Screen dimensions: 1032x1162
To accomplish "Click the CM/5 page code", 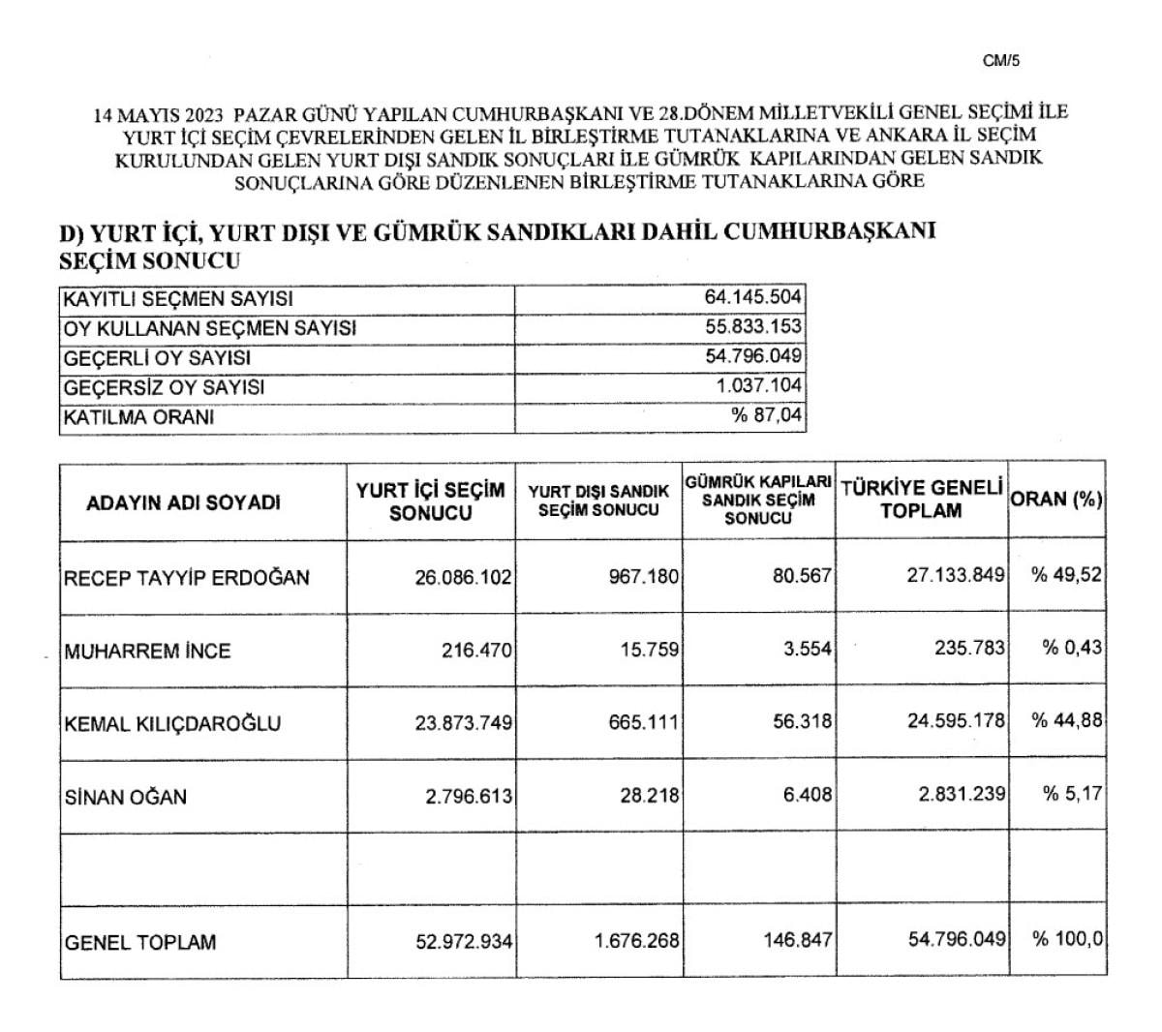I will click(x=1001, y=61).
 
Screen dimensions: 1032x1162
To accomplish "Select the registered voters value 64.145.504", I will click(x=753, y=297).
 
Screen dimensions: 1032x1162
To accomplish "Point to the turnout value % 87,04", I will click(x=767, y=417).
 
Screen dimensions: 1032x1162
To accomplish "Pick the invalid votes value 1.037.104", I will click(x=759, y=387).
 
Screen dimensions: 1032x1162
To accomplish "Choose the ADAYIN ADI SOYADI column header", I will click(x=184, y=503).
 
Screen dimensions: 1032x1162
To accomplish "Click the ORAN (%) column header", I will click(x=1056, y=500).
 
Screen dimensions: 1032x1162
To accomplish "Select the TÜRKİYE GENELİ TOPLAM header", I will click(x=921, y=500).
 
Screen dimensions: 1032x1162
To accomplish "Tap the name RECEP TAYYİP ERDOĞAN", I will click(x=187, y=578).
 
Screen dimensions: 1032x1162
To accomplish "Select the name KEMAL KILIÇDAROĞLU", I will click(x=172, y=723).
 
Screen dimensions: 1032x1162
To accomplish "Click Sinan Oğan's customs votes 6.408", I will click(x=809, y=796).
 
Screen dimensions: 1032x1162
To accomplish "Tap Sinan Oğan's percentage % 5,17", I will click(x=1072, y=795).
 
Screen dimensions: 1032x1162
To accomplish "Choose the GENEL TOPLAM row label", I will click(x=140, y=942).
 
